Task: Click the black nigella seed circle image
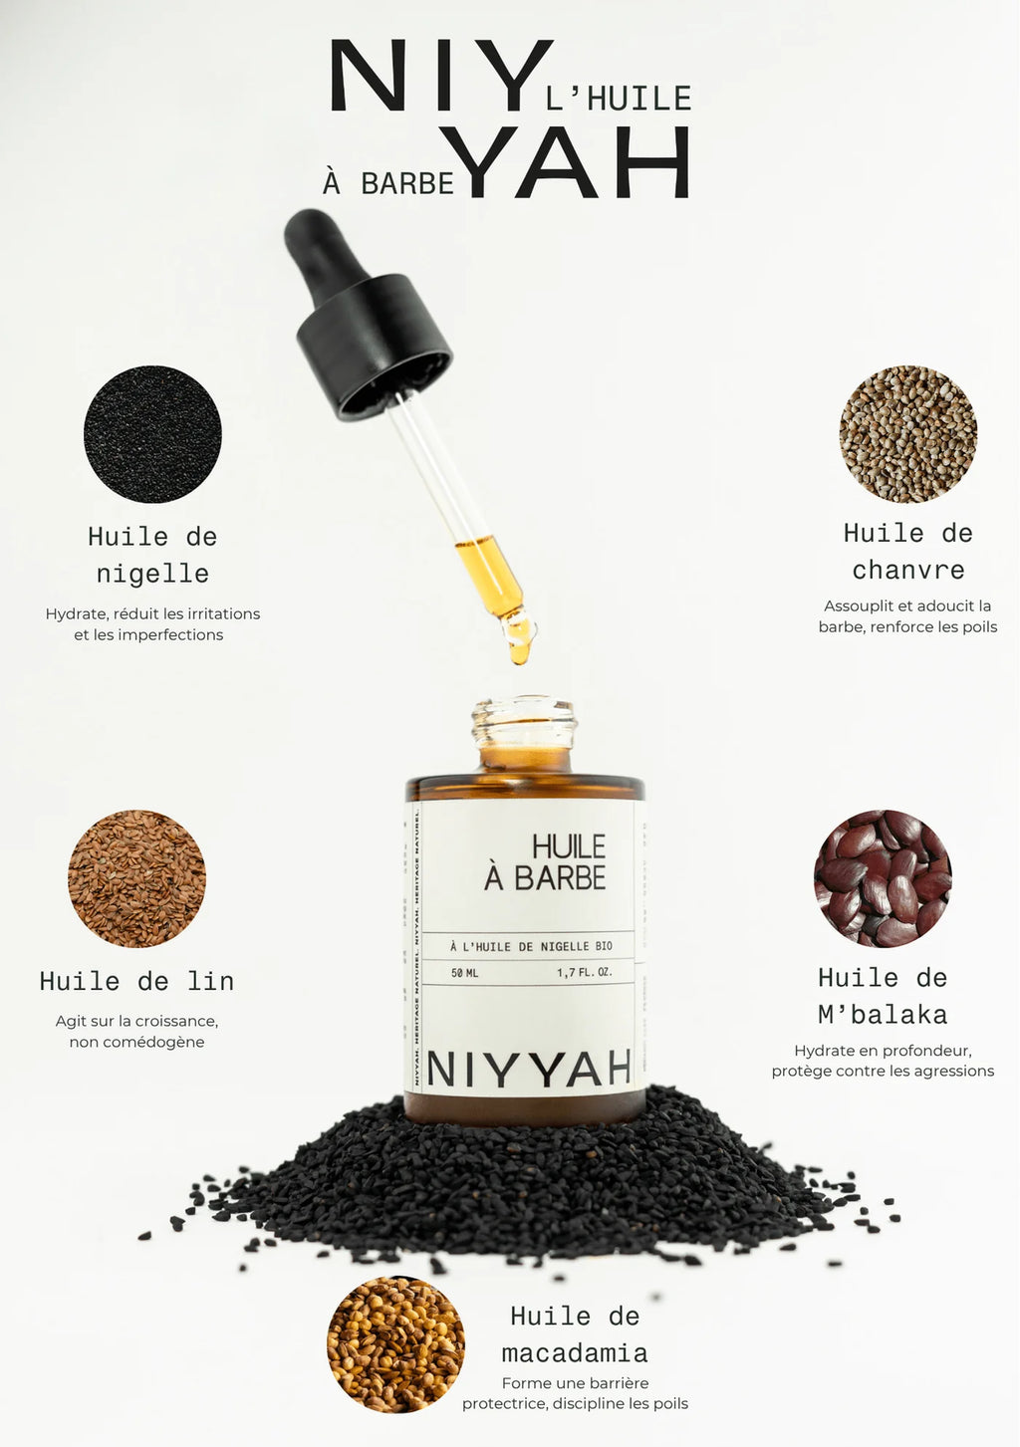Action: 152,433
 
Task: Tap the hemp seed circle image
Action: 907,433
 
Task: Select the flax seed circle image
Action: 136,878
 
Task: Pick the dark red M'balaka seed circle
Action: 883,878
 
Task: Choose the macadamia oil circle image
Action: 395,1344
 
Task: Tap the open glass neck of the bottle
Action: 524,722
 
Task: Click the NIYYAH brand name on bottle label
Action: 529,1070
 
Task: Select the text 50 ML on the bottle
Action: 464,973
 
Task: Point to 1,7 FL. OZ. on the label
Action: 585,973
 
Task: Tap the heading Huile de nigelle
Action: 152,555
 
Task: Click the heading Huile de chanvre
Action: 907,551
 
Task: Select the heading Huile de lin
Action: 136,982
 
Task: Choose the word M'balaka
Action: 883,1015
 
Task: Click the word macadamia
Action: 575,1353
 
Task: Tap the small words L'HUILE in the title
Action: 619,99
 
